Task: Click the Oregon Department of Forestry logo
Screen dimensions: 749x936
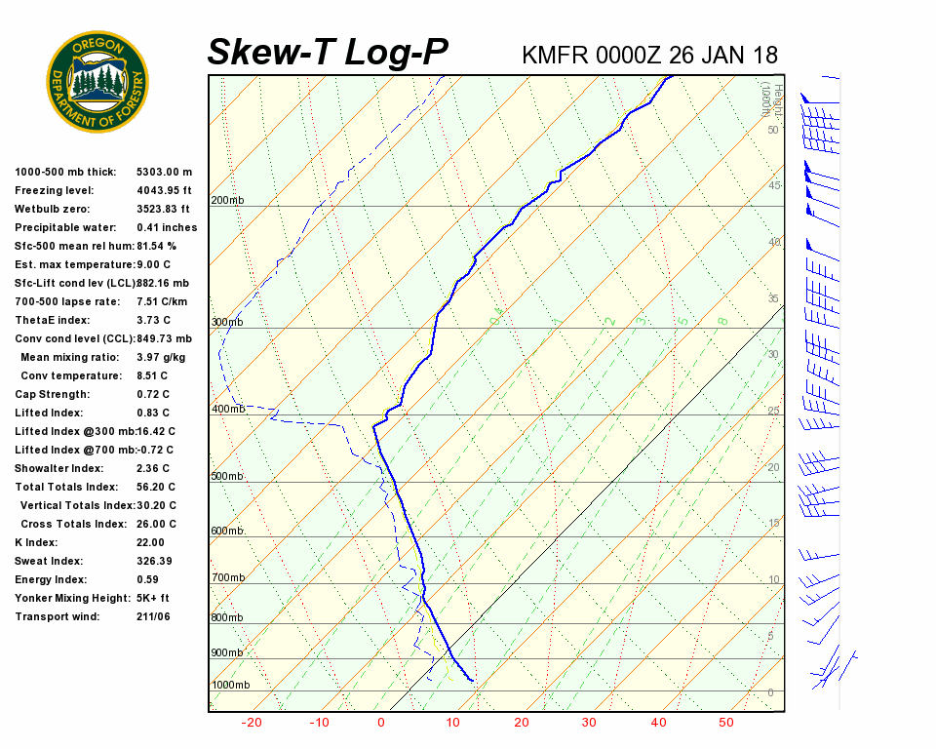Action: click(x=97, y=82)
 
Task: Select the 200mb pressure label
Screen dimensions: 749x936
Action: click(x=227, y=200)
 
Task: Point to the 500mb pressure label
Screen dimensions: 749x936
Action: click(x=227, y=476)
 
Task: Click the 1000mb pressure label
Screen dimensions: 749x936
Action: click(x=230, y=685)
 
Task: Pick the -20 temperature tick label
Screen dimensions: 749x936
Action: click(x=252, y=723)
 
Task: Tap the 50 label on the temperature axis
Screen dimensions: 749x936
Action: click(x=725, y=723)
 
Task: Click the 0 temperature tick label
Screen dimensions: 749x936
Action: click(x=380, y=723)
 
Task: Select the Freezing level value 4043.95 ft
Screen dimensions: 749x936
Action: click(x=164, y=190)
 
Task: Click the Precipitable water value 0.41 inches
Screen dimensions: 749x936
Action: click(x=167, y=227)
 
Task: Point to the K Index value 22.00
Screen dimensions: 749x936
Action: click(x=151, y=542)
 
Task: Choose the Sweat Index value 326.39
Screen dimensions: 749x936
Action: click(x=154, y=561)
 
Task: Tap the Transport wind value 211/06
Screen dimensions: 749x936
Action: click(x=154, y=616)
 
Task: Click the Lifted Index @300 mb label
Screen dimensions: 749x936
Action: click(x=74, y=431)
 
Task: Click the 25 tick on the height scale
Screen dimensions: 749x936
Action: click(x=774, y=411)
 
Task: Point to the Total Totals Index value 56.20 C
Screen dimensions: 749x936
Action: click(x=156, y=487)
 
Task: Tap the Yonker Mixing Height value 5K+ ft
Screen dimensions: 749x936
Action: click(x=153, y=598)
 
